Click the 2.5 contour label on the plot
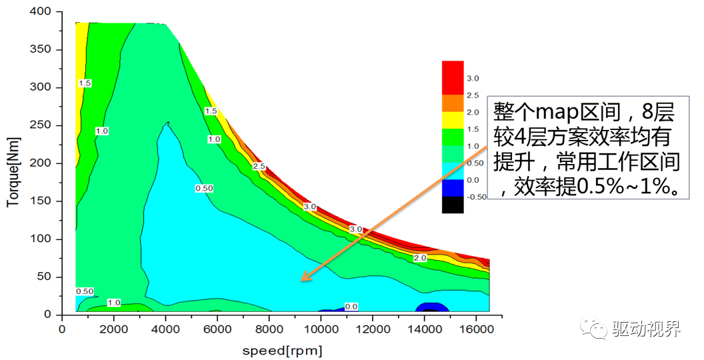point(259,165)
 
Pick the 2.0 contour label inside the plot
point(419,258)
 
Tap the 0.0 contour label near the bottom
point(351,307)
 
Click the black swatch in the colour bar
point(453,205)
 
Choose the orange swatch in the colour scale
point(453,103)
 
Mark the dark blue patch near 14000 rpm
point(431,307)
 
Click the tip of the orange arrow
point(301,280)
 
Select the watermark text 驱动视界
point(646,329)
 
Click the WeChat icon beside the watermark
point(593,328)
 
